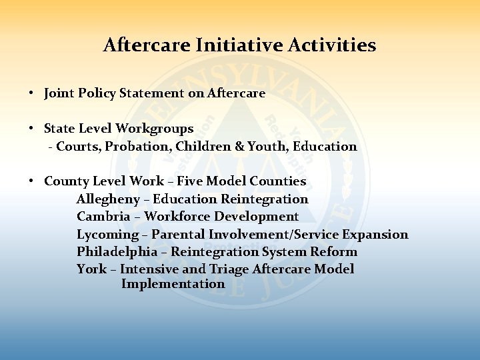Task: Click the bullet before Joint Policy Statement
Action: [31, 93]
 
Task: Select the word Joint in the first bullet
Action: [58, 93]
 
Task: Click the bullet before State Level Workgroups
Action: [31, 129]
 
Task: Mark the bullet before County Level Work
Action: [31, 181]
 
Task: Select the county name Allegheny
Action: [109, 199]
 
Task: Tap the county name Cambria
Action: [103, 217]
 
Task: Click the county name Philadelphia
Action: [117, 252]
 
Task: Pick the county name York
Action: [91, 269]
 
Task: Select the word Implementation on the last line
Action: [173, 284]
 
